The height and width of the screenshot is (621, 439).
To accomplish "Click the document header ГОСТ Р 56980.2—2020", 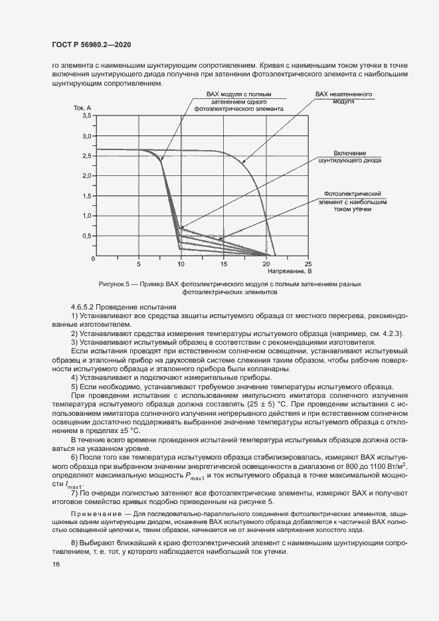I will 90,44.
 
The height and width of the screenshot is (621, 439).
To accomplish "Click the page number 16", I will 55,565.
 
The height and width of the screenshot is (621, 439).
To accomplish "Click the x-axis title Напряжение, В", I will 290,271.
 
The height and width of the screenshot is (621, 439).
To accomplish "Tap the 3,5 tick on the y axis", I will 86,116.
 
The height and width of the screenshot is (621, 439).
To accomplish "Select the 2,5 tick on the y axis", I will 86,156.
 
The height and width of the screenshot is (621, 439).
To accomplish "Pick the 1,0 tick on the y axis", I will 86,217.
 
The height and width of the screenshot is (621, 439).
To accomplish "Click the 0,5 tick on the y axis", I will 86,236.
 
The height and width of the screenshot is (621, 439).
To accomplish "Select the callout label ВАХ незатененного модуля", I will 344,98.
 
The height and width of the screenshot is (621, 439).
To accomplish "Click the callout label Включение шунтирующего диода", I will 350,157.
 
